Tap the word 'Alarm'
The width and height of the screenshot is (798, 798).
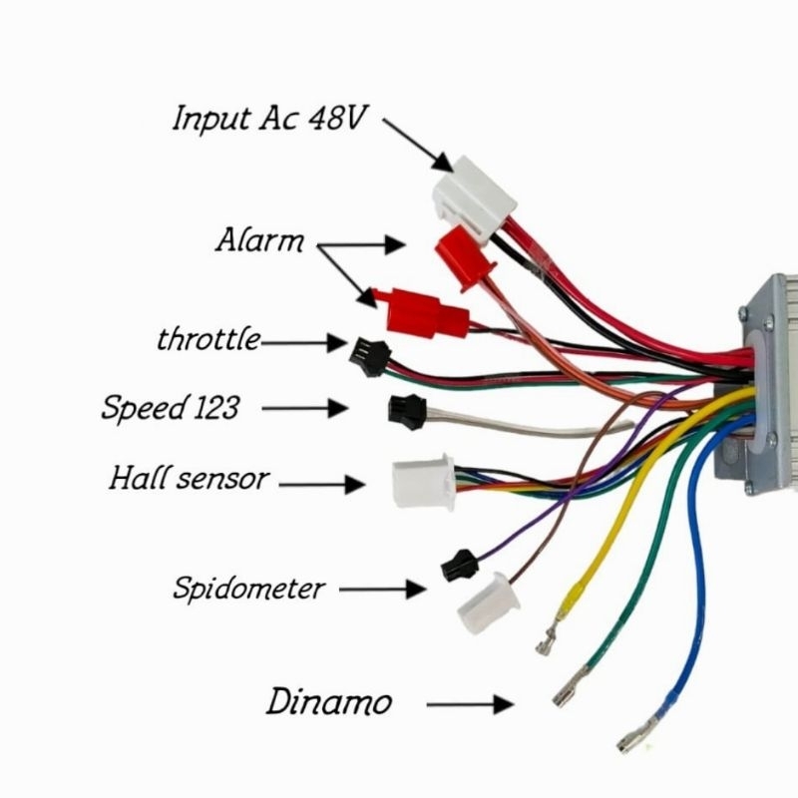point(259,240)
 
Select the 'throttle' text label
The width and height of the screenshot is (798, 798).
point(207,339)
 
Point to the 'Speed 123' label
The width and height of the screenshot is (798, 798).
point(170,408)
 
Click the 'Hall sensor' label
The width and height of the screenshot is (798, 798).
point(189,479)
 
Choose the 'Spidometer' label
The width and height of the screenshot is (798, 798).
point(248,588)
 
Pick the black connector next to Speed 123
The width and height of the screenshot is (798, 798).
point(405,407)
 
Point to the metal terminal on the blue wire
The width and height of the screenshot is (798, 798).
point(633,739)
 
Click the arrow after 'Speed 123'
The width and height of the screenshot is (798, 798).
point(318,408)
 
